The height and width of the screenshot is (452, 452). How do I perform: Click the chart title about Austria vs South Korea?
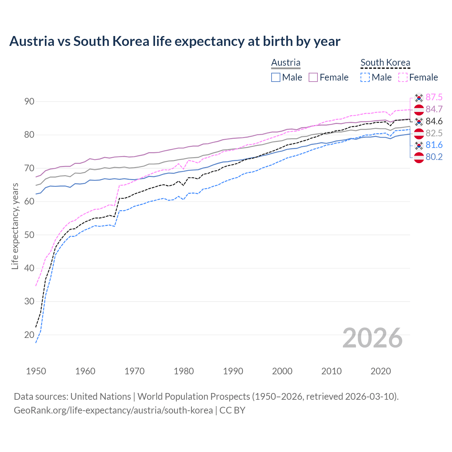[175, 41]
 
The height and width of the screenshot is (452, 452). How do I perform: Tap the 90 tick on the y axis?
[29, 102]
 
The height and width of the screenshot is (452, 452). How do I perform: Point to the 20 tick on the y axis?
[29, 335]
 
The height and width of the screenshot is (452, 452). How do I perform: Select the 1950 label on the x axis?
[36, 371]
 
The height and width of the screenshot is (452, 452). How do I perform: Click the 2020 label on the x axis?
[381, 371]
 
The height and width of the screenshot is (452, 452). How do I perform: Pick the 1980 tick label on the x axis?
[184, 371]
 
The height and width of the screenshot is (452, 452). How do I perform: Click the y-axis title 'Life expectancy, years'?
[15, 226]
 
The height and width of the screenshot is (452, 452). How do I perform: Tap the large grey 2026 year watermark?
[373, 338]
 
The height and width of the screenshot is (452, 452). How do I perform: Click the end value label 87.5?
[434, 97]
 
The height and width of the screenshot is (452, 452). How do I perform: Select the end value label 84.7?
[434, 109]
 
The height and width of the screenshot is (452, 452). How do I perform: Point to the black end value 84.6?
[434, 121]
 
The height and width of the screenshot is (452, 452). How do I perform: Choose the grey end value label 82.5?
[434, 133]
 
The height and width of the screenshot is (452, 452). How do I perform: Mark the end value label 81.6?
[434, 145]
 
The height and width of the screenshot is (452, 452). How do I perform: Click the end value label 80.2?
[434, 157]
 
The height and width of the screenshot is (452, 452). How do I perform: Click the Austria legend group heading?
[286, 63]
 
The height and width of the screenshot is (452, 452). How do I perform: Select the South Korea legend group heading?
[385, 63]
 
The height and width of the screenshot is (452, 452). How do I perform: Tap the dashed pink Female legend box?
[403, 77]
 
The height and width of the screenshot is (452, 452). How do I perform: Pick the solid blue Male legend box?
[276, 77]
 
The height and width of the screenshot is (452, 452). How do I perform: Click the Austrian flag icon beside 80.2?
[419, 157]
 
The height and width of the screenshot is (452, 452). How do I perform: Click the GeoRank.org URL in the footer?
[113, 410]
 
